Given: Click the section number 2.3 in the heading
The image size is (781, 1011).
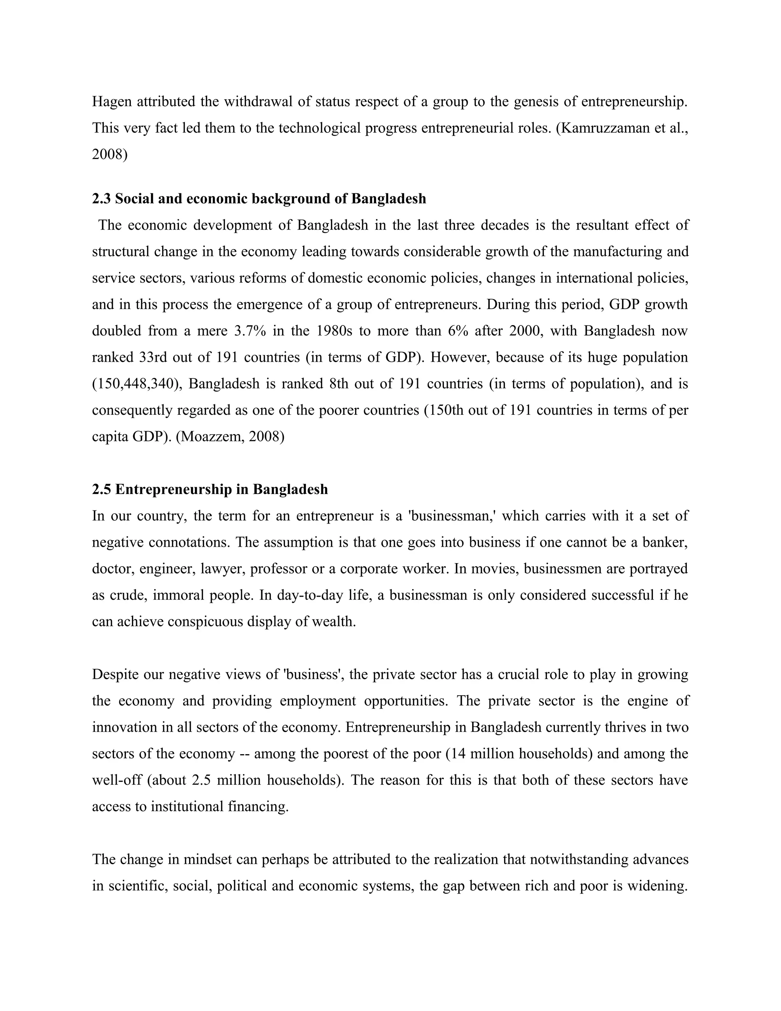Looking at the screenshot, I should point(101,199).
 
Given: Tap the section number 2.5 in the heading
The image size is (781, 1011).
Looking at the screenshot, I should point(101,489).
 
